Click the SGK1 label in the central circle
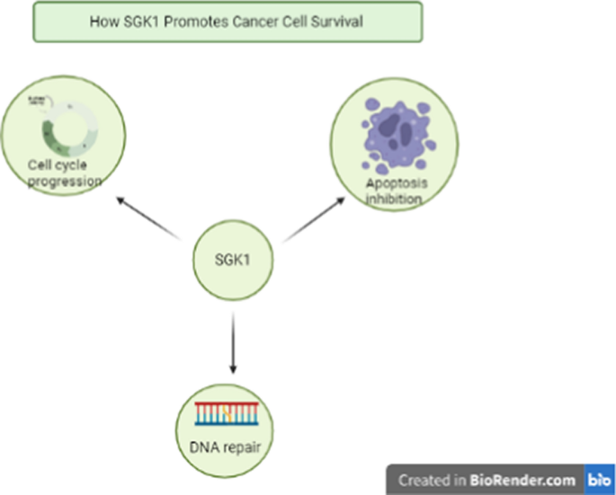[x=232, y=261]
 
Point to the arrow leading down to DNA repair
[x=233, y=341]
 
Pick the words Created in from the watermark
[x=433, y=480]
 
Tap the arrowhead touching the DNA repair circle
[x=233, y=368]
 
